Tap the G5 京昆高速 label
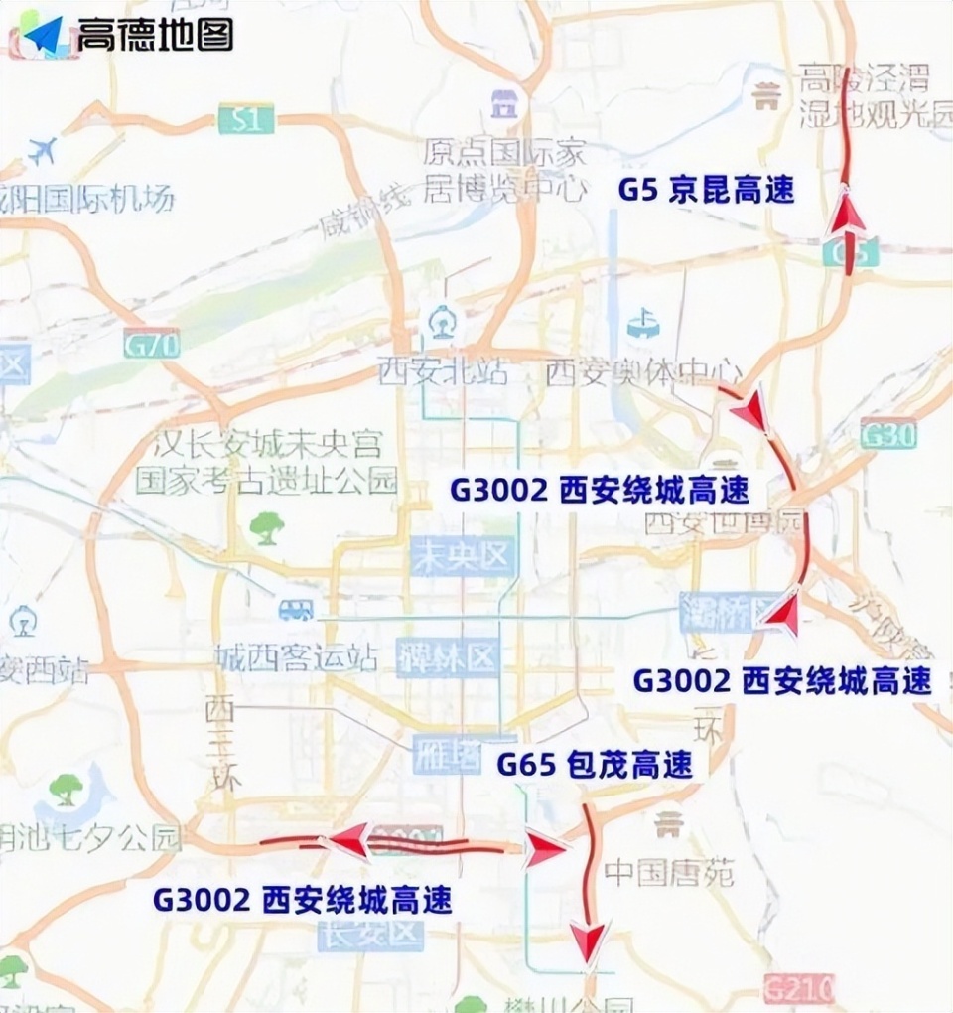point(706,190)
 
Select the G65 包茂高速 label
point(594,765)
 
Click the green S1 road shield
point(245,121)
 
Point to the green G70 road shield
point(152,345)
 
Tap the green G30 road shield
point(887,435)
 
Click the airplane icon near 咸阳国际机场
point(42,152)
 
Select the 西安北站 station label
point(442,372)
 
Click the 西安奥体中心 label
point(643,373)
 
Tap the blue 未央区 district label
point(464,558)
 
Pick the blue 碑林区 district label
point(446,656)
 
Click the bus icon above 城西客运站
point(296,609)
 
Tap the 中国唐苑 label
point(668,874)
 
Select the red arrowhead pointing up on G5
point(847,212)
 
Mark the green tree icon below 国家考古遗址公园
point(266,527)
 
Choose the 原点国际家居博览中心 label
point(504,170)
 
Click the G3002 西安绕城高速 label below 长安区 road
point(302,901)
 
